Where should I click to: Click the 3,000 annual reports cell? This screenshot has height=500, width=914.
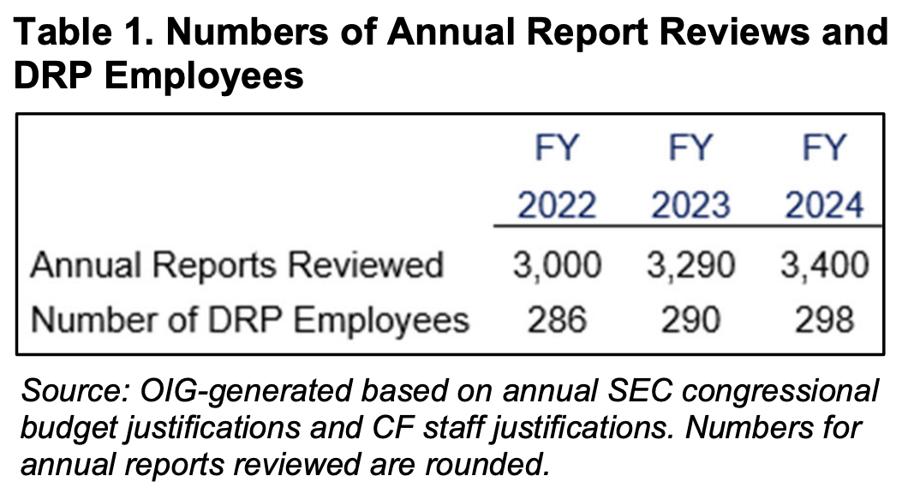[x=557, y=266]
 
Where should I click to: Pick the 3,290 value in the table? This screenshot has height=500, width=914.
[x=690, y=266]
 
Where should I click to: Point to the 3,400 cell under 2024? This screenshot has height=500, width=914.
[x=824, y=266]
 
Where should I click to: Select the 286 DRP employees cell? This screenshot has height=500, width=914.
[x=557, y=319]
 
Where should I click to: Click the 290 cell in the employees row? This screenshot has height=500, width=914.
[x=690, y=319]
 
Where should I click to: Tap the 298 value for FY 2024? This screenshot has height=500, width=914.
[x=824, y=319]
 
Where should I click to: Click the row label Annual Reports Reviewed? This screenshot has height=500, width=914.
[x=236, y=266]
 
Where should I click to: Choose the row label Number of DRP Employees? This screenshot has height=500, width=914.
[x=250, y=319]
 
